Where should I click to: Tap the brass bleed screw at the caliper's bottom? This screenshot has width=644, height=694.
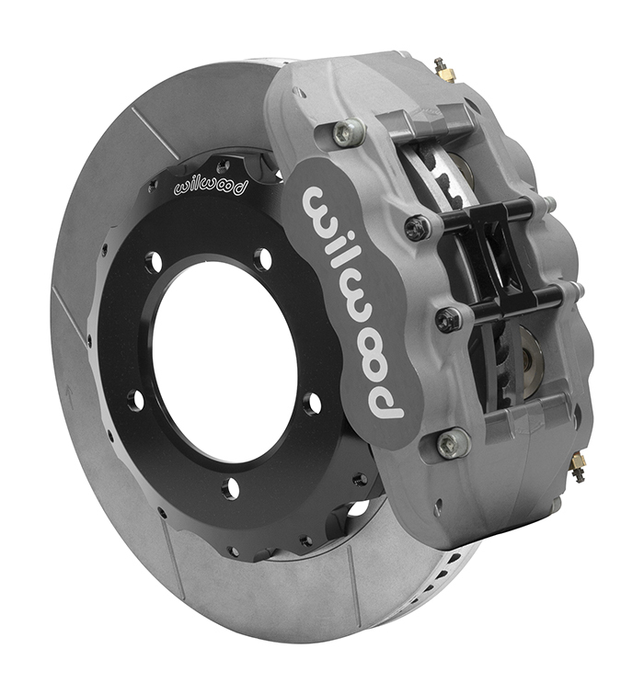click(x=576, y=467)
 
